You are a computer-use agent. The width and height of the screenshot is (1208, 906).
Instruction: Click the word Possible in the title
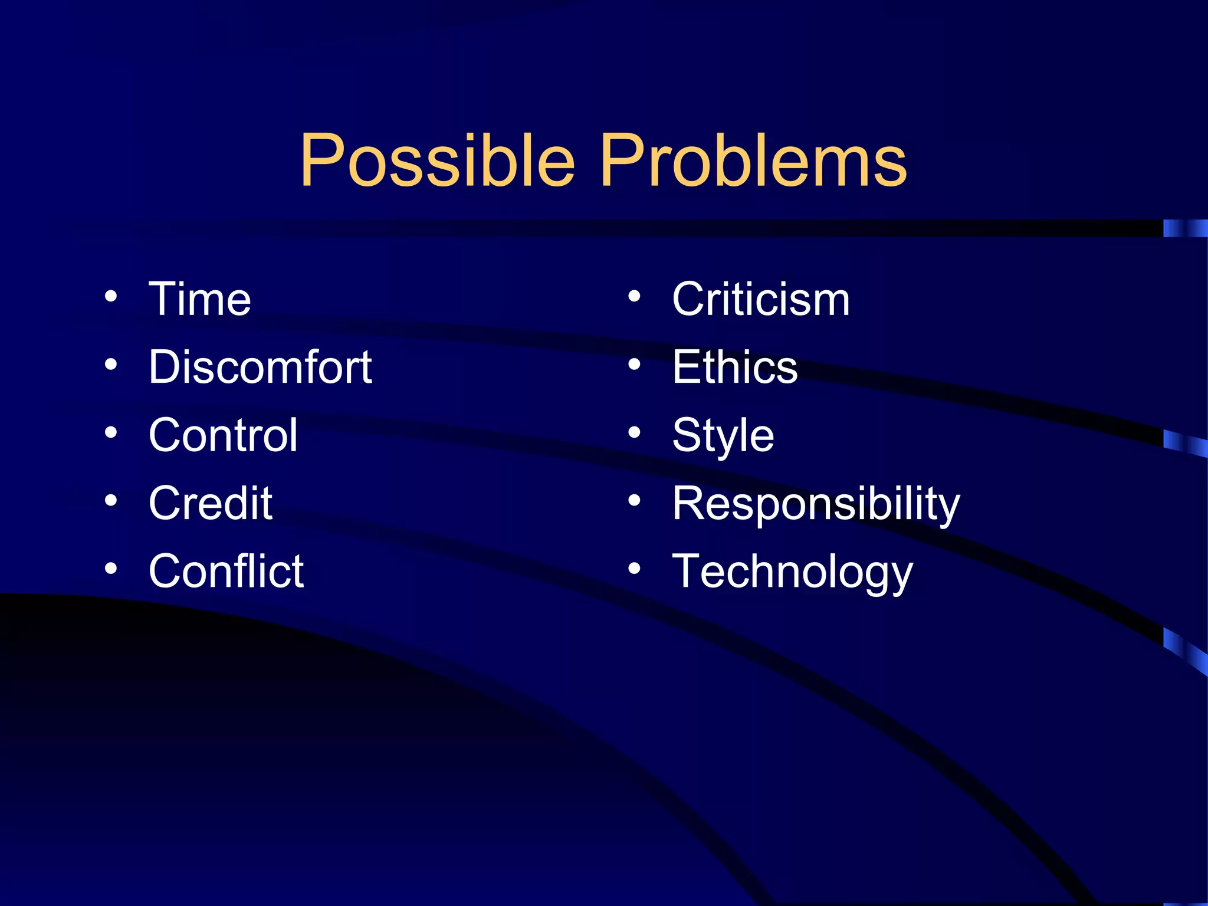coord(437,160)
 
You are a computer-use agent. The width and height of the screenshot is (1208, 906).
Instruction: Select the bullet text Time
coord(200,299)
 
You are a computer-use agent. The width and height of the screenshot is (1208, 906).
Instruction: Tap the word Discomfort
coord(260,367)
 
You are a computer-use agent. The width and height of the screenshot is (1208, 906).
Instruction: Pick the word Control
coord(223,435)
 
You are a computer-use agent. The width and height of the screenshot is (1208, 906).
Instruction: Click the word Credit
coord(211,503)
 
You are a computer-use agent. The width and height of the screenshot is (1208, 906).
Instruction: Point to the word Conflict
coord(226,571)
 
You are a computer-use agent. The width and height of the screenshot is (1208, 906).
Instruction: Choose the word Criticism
coord(761,299)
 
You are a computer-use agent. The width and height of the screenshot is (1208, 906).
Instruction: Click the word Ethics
coord(735,367)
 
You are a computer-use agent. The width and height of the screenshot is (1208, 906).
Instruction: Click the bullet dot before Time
coord(111,297)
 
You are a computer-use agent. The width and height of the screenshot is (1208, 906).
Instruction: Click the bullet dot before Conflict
coord(111,569)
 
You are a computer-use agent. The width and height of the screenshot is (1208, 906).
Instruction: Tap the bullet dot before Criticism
coord(634,297)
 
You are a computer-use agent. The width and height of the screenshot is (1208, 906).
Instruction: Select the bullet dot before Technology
coord(634,569)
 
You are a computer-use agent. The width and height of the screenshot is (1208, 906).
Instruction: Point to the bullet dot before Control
coord(111,433)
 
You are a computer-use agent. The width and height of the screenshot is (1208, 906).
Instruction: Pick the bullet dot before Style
coord(634,433)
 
